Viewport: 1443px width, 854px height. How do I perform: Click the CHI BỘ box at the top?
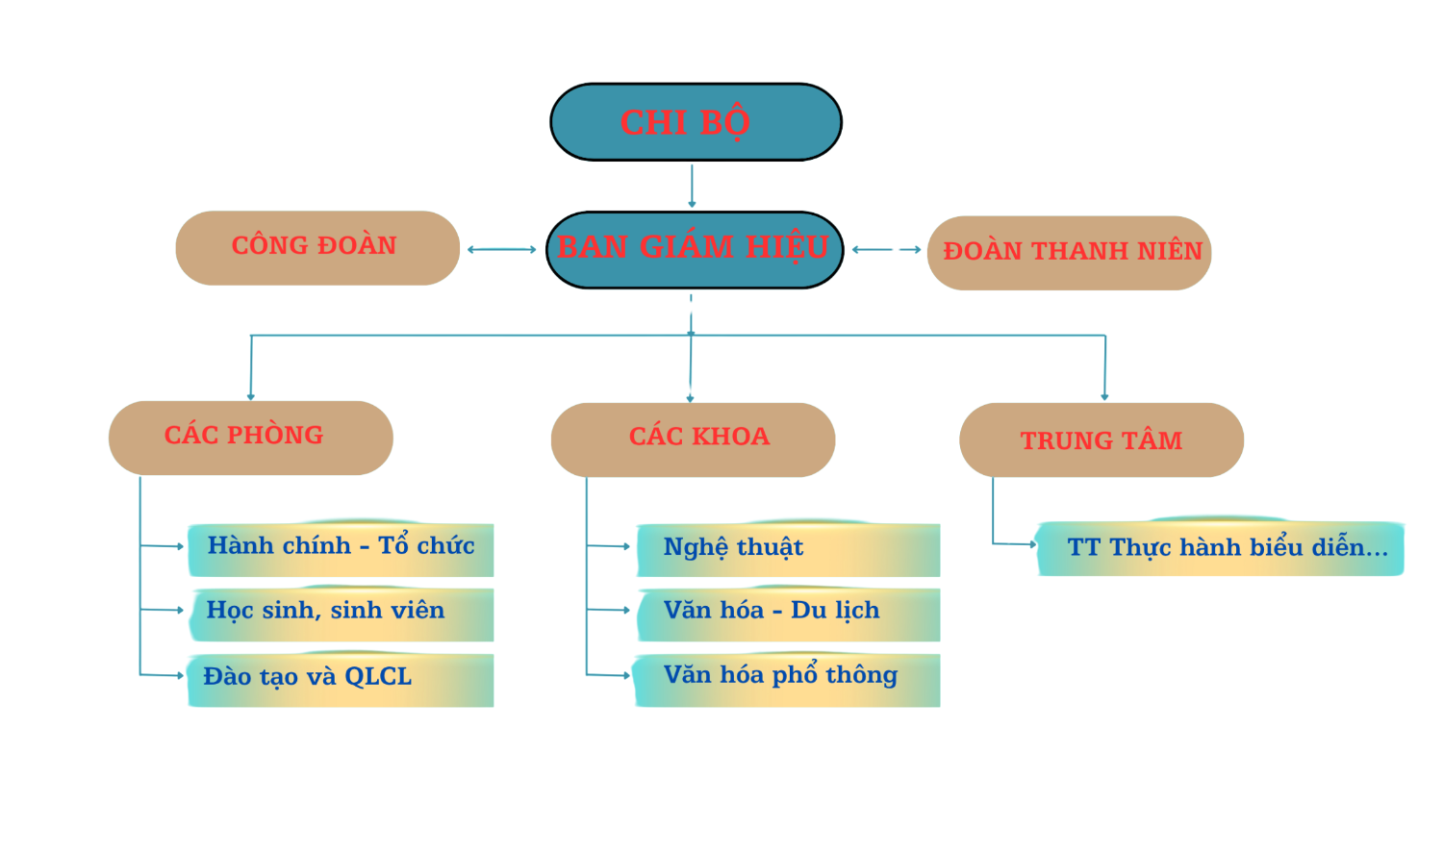[x=696, y=122]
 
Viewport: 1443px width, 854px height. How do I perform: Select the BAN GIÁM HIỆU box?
[x=694, y=249]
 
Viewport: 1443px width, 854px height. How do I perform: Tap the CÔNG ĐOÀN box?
[x=316, y=247]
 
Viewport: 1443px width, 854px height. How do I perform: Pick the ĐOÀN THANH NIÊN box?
[x=1069, y=252]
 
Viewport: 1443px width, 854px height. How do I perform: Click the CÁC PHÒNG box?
[x=250, y=437]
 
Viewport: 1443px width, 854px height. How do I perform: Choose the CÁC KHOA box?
[x=693, y=439]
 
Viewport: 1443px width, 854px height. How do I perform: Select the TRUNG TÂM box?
[x=1101, y=440]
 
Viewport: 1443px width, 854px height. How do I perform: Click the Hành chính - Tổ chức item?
[x=341, y=548]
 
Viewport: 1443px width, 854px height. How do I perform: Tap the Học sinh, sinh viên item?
[x=341, y=613]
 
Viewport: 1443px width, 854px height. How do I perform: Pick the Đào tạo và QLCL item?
[x=341, y=679]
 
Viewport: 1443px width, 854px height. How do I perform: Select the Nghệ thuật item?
[x=787, y=548]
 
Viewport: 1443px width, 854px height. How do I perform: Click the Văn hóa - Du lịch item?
[x=787, y=613]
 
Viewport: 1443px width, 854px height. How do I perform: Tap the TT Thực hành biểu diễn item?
[x=1220, y=548]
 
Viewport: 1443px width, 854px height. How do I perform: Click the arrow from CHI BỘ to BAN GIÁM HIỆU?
[x=692, y=186]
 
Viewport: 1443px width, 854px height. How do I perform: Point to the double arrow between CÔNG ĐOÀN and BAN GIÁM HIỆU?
[x=501, y=249]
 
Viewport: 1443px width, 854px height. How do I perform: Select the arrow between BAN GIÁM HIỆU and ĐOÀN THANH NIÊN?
[x=886, y=249]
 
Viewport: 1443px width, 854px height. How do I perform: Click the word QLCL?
[x=378, y=677]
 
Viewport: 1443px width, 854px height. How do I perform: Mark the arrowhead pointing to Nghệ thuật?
[x=626, y=546]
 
